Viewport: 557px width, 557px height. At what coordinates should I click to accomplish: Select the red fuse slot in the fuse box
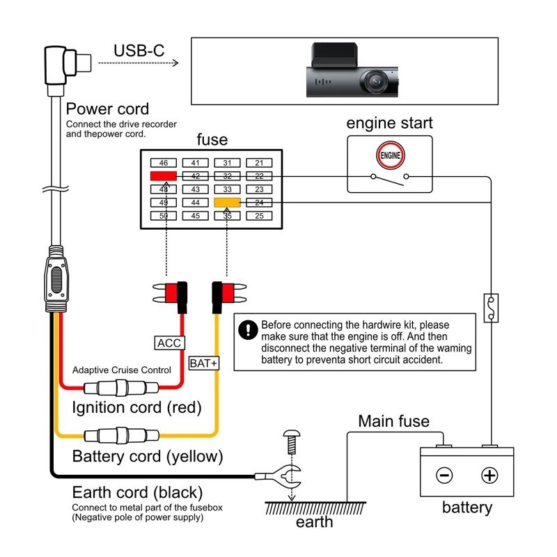pyautogui.click(x=164, y=176)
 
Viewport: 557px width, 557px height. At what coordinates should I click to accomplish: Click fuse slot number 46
pyautogui.click(x=164, y=163)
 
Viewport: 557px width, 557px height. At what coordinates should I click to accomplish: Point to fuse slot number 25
pyautogui.click(x=259, y=216)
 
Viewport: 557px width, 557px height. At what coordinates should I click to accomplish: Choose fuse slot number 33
pyautogui.click(x=228, y=189)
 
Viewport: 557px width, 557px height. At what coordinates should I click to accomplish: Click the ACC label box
pyautogui.click(x=169, y=343)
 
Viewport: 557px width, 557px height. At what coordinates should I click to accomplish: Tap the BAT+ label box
pyautogui.click(x=204, y=363)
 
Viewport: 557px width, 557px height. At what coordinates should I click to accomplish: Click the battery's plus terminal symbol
pyautogui.click(x=490, y=476)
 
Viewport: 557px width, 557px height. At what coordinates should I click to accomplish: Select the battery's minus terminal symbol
pyautogui.click(x=444, y=476)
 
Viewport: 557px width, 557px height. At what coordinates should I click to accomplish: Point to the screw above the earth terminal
pyautogui.click(x=291, y=441)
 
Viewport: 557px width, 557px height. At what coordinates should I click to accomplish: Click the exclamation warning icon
pyautogui.click(x=247, y=330)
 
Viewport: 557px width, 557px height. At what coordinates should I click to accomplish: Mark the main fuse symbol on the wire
pyautogui.click(x=492, y=307)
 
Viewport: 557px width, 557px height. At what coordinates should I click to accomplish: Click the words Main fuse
pyautogui.click(x=393, y=421)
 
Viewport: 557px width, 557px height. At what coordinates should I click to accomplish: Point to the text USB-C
pyautogui.click(x=139, y=51)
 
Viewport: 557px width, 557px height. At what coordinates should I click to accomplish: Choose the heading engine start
pyautogui.click(x=389, y=123)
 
